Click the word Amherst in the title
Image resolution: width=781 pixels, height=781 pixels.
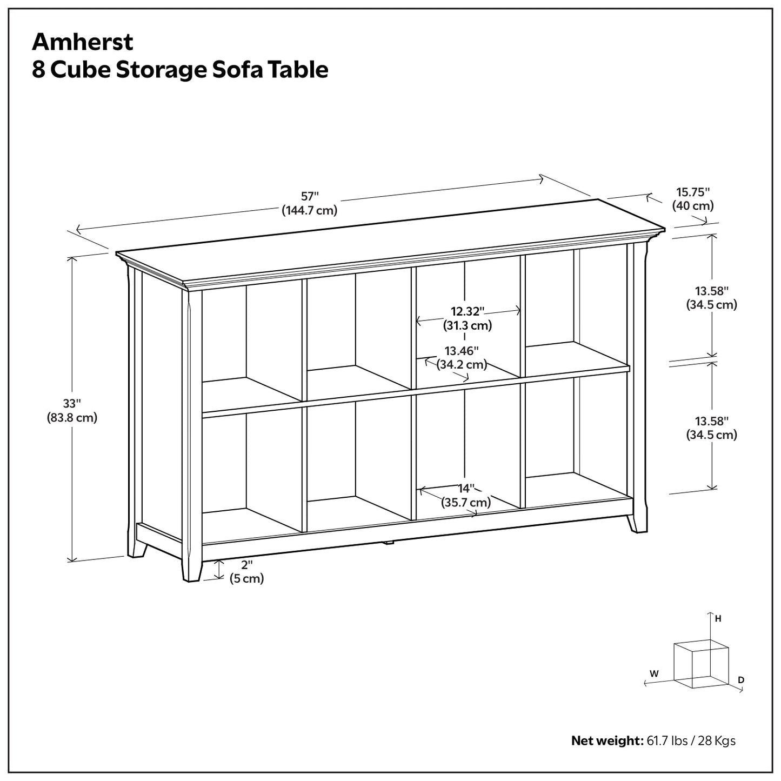[83, 42]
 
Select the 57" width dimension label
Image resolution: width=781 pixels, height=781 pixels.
[310, 197]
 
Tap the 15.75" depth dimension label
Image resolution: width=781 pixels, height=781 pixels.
[693, 192]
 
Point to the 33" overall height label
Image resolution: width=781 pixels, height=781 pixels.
[71, 404]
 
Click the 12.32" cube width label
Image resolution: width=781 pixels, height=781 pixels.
[468, 311]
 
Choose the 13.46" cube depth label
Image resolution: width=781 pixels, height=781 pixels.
[462, 351]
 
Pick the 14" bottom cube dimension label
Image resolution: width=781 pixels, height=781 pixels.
[466, 489]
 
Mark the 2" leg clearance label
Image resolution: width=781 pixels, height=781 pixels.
[247, 565]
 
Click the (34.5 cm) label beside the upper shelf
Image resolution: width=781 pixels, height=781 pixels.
[711, 305]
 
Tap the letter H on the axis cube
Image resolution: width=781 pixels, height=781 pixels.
[718, 619]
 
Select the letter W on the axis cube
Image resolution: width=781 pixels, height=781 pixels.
[654, 673]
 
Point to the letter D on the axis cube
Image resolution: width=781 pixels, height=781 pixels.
[741, 679]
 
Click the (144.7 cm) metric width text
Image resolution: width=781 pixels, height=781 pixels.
[310, 211]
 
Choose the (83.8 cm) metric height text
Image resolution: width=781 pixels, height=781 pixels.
[72, 418]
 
